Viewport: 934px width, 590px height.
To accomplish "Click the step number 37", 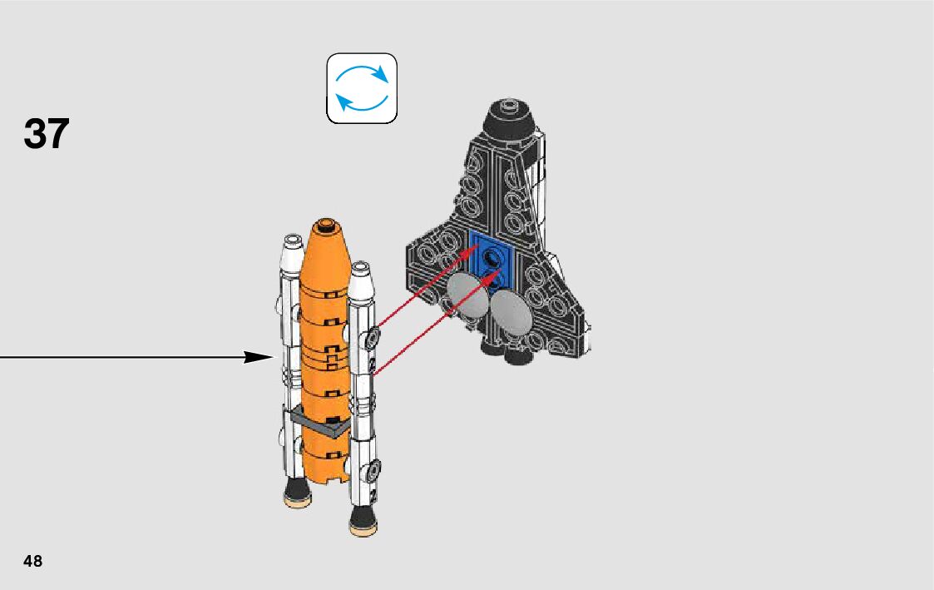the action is [47, 134].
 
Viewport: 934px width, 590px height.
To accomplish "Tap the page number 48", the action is [33, 561].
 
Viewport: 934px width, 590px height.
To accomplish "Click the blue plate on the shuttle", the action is [492, 258].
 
